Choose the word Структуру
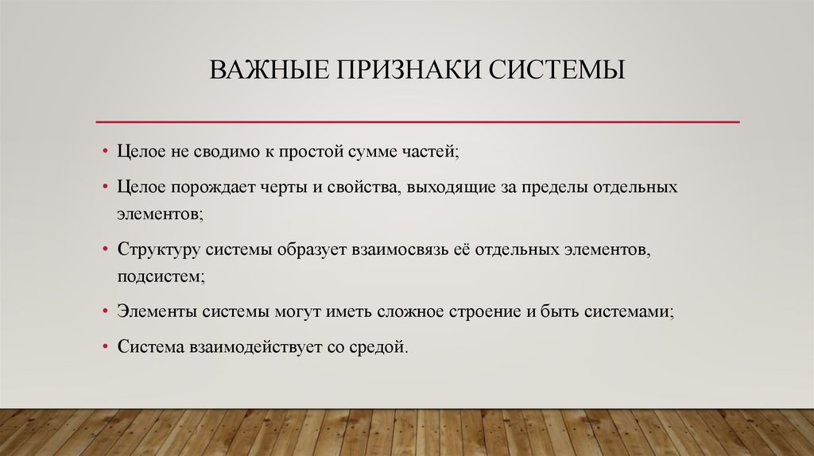point(158,250)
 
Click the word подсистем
point(159,276)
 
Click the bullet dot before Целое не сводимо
point(106,149)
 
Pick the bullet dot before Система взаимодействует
point(106,348)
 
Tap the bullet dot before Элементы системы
point(106,312)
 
